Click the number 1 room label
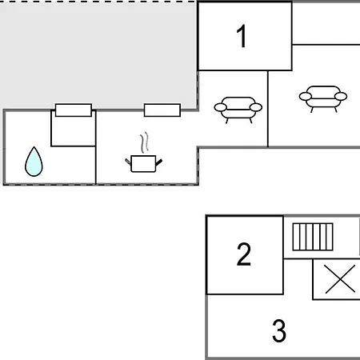[x=242, y=36]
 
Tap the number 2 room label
[x=244, y=254]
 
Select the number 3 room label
[x=279, y=330]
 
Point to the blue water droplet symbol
[x=34, y=162]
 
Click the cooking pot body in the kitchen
[x=143, y=164]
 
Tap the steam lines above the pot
[x=144, y=142]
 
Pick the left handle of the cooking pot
[x=128, y=161]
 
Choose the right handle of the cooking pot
[x=159, y=162]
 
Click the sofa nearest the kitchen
[x=238, y=108]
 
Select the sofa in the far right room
[x=323, y=97]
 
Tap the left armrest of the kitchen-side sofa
[x=220, y=107]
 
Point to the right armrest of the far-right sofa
[x=341, y=96]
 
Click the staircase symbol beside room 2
[x=313, y=237]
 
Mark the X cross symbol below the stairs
[x=340, y=279]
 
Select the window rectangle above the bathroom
[x=74, y=110]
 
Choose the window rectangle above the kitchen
[x=162, y=110]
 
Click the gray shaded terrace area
[x=98, y=54]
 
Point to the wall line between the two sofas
[x=268, y=109]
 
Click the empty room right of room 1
[x=326, y=23]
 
